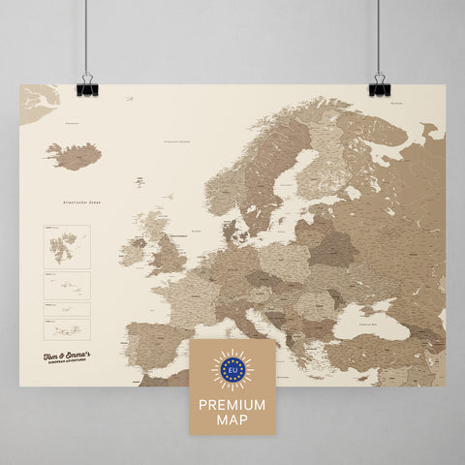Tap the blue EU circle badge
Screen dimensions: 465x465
pyautogui.click(x=232, y=369)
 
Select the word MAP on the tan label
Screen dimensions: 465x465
pyautogui.click(x=232, y=418)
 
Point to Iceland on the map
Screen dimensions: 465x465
pyautogui.click(x=75, y=155)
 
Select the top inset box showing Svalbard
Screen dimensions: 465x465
pyautogui.click(x=66, y=246)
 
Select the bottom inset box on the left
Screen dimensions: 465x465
pyautogui.click(x=66, y=329)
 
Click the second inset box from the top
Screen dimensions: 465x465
pyautogui.click(x=66, y=284)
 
